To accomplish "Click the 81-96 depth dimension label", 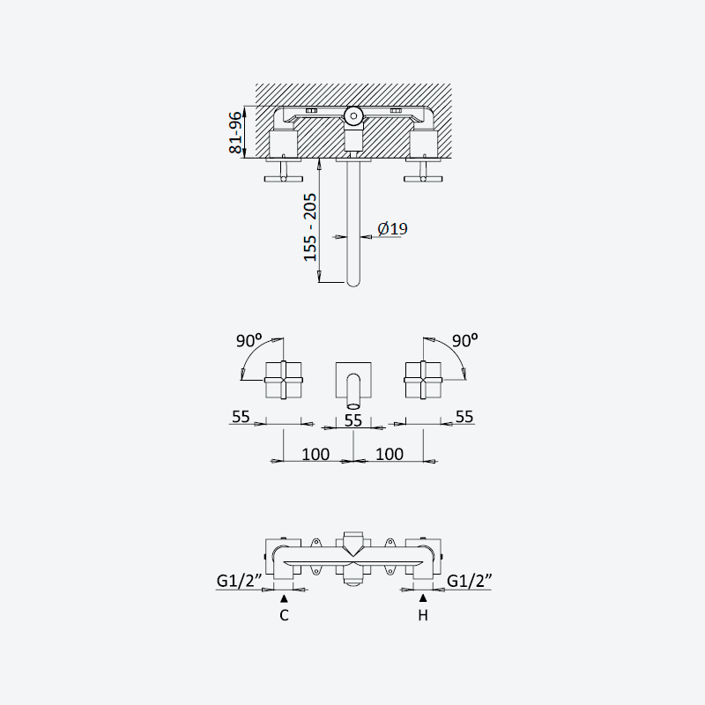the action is (x=235, y=133).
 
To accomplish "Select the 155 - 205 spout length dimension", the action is (x=310, y=227).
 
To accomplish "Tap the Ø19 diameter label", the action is (x=392, y=228).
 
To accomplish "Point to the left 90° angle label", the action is (x=249, y=340).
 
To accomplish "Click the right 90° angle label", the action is (x=465, y=340).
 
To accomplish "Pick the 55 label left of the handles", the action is (x=241, y=417).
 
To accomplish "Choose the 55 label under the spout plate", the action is (x=353, y=420).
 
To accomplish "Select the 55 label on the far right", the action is (x=464, y=417).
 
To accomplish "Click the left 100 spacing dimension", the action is (x=315, y=454).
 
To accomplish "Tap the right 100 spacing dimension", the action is (x=390, y=454).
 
